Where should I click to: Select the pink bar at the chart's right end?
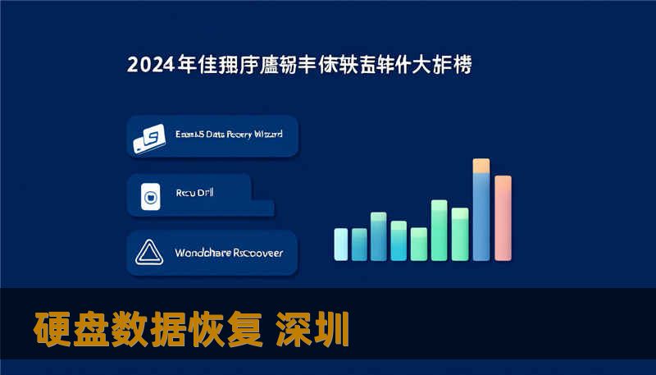coord(503,217)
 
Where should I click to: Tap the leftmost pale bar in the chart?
coord(341,244)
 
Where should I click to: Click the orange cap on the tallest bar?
coord(481,166)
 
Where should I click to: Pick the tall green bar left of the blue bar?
coord(459,233)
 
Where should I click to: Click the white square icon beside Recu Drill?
coord(150,196)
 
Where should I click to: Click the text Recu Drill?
coord(194,194)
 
